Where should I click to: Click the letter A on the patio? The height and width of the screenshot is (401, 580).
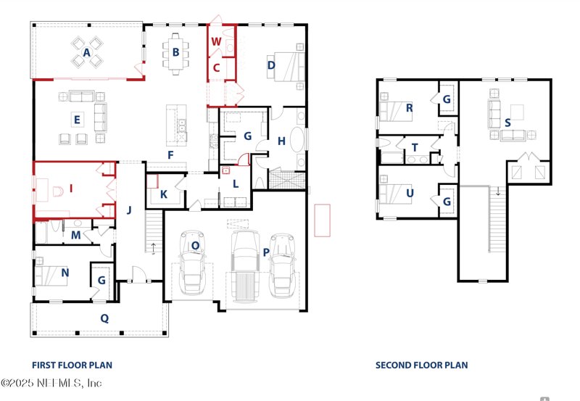click(x=86, y=52)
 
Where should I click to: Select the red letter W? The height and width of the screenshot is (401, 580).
click(x=216, y=41)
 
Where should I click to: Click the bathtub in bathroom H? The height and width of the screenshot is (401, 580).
click(x=297, y=139)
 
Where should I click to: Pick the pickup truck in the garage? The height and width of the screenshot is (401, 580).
click(x=245, y=265)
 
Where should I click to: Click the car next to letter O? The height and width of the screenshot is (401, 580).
click(x=192, y=262)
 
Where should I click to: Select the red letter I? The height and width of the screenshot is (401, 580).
click(x=71, y=189)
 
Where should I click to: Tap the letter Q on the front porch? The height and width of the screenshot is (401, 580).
click(x=104, y=318)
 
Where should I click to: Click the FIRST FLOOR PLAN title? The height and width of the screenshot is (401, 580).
click(x=72, y=365)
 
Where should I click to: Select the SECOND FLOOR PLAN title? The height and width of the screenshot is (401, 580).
click(x=422, y=365)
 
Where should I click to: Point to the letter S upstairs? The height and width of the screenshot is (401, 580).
click(x=507, y=123)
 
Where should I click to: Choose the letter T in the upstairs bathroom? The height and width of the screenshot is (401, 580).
click(x=415, y=148)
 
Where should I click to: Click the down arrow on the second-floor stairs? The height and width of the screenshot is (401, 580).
click(x=498, y=191)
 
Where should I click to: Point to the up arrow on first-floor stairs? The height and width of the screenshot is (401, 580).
click(x=153, y=248)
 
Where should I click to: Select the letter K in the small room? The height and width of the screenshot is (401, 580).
click(x=164, y=194)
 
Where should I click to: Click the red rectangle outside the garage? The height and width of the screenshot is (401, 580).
click(x=322, y=220)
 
